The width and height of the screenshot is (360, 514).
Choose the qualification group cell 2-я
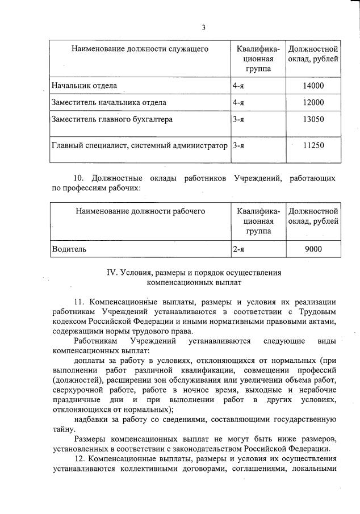click(x=238, y=248)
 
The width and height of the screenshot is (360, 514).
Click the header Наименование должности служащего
click(x=140, y=49)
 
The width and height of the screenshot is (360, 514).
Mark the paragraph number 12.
click(x=80, y=458)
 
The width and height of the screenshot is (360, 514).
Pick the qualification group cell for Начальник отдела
click(x=238, y=86)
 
